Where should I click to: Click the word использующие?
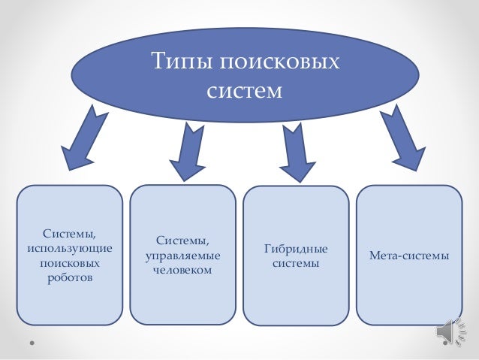(x=69, y=248)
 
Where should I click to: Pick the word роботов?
(x=69, y=278)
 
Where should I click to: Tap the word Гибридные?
(x=297, y=249)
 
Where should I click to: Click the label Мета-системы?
(x=409, y=256)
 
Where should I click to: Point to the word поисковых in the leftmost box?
(x=69, y=263)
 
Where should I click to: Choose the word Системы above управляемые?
(x=182, y=241)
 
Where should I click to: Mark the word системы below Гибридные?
(x=297, y=264)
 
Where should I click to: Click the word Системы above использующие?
(x=70, y=233)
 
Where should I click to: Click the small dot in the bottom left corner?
(x=32, y=345)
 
